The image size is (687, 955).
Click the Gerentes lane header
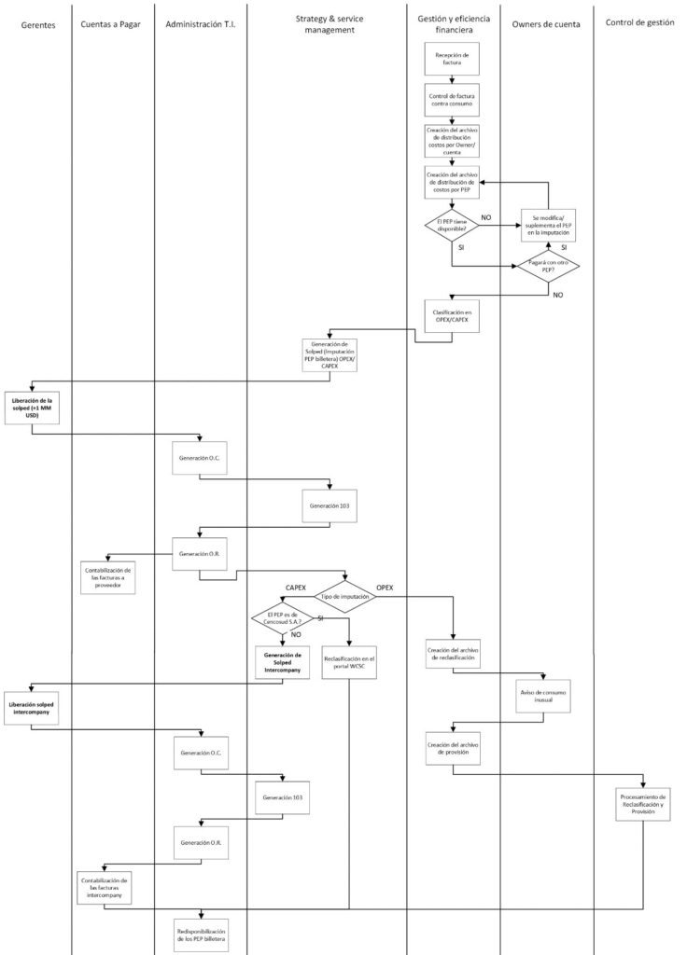click(x=38, y=24)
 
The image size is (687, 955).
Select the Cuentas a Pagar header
click(x=111, y=24)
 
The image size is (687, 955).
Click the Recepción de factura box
click(x=452, y=60)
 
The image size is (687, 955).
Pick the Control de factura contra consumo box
click(x=452, y=100)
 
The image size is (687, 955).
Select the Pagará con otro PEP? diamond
click(x=549, y=265)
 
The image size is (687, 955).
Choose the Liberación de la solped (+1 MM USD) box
click(x=32, y=408)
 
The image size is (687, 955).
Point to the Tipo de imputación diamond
click(x=346, y=595)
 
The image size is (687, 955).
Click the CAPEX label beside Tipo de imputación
click(x=297, y=588)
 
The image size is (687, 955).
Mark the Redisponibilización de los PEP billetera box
click(x=202, y=934)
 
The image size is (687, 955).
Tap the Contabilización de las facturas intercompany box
click(x=104, y=885)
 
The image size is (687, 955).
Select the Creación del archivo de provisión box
click(x=452, y=749)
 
